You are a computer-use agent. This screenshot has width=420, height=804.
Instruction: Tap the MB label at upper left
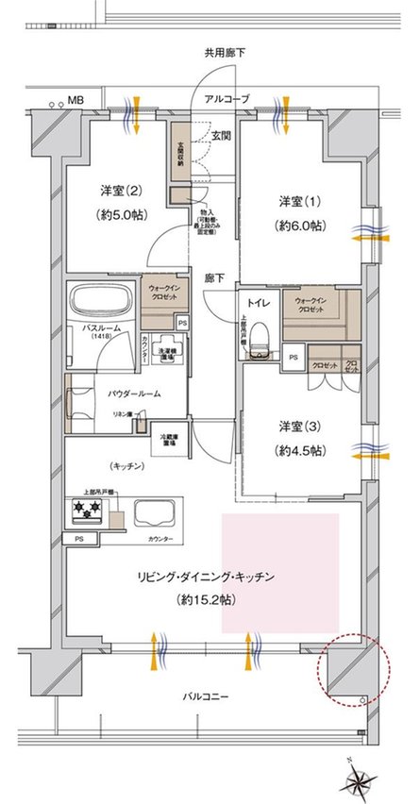(x=74, y=98)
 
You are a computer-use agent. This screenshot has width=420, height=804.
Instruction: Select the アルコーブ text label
(x=227, y=98)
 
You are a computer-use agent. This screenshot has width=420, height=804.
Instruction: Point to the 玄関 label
(x=222, y=137)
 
